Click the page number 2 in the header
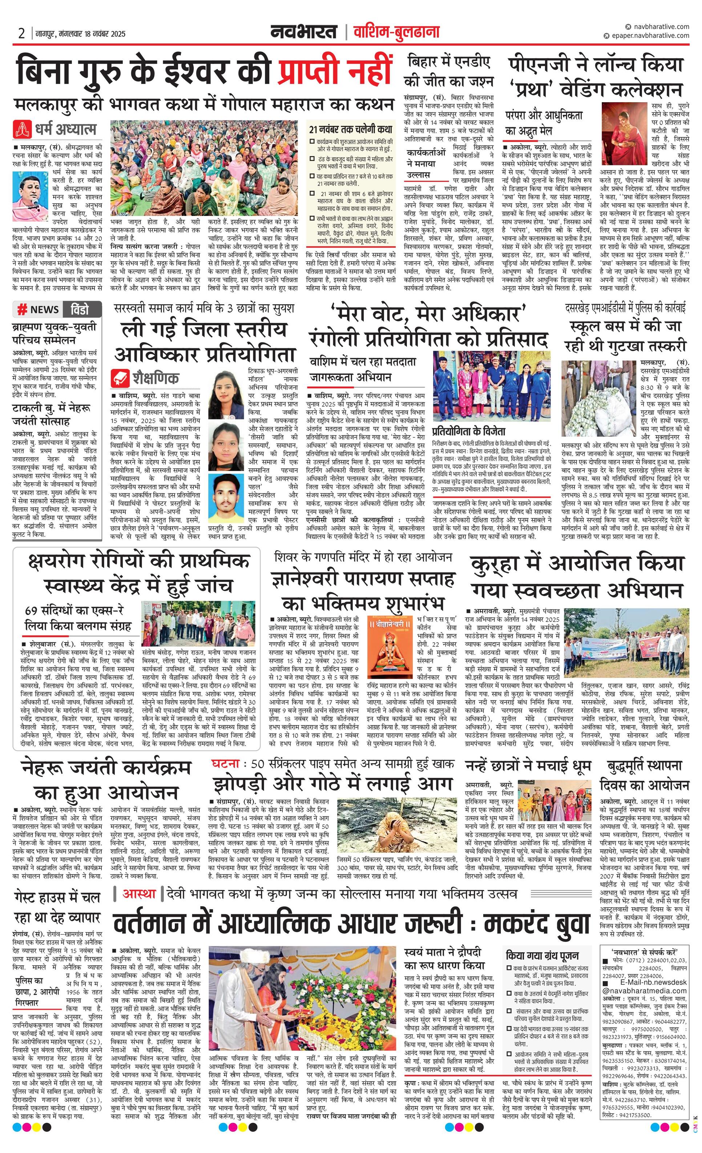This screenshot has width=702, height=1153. tap(21, 33)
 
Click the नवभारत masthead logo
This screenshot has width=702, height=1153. tap(303, 32)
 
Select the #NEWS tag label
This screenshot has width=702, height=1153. tap(39, 309)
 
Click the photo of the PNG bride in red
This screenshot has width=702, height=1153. tap(624, 133)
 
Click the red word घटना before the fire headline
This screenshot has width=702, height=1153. tap(225, 763)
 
